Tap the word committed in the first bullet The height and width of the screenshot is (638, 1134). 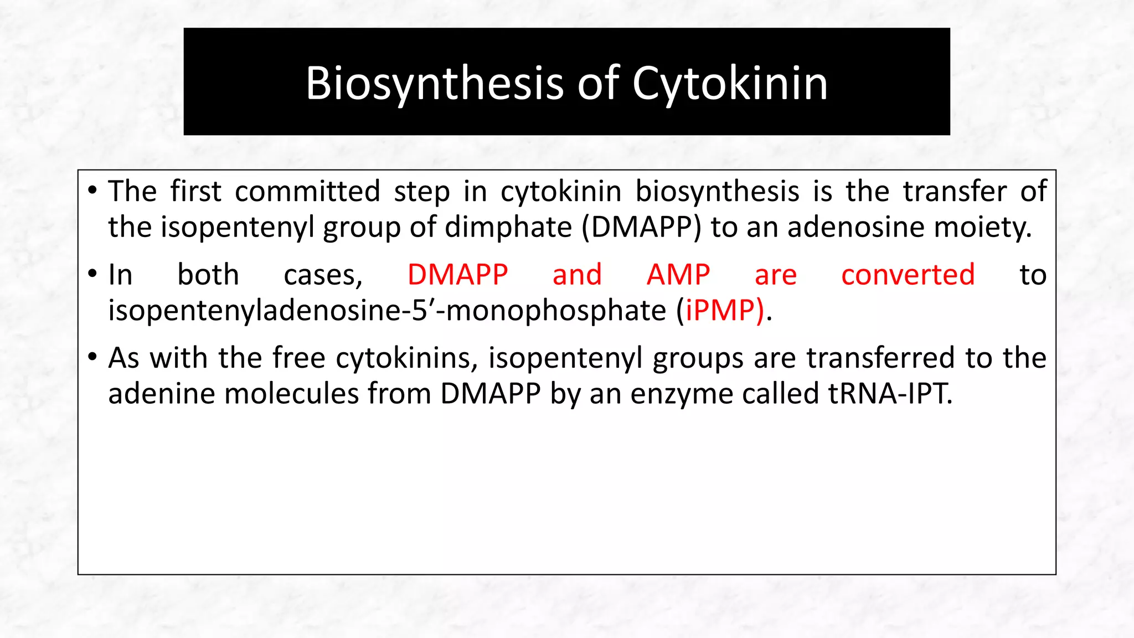307,191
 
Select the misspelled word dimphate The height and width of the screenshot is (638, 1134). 508,227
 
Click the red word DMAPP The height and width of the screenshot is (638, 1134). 457,275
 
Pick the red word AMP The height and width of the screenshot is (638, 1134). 678,275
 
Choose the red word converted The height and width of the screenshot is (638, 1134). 908,275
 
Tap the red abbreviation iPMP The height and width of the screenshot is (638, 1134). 720,310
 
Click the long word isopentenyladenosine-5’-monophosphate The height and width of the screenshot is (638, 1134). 386,310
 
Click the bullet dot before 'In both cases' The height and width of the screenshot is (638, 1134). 92,274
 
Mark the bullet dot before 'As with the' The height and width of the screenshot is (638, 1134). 92,357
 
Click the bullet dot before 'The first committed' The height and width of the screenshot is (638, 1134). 92,191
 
